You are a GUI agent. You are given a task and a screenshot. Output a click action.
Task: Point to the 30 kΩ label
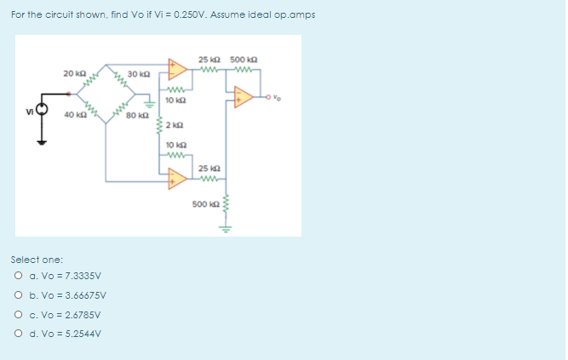[136, 75]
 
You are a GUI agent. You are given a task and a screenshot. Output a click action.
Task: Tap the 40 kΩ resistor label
[72, 114]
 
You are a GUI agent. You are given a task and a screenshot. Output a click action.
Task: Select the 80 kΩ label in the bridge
[136, 114]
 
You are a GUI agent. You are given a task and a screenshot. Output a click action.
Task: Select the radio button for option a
[18, 276]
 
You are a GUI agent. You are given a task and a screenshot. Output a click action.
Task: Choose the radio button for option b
[18, 295]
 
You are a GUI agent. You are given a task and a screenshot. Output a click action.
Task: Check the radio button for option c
[18, 314]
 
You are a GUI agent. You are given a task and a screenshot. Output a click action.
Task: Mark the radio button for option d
[18, 333]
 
